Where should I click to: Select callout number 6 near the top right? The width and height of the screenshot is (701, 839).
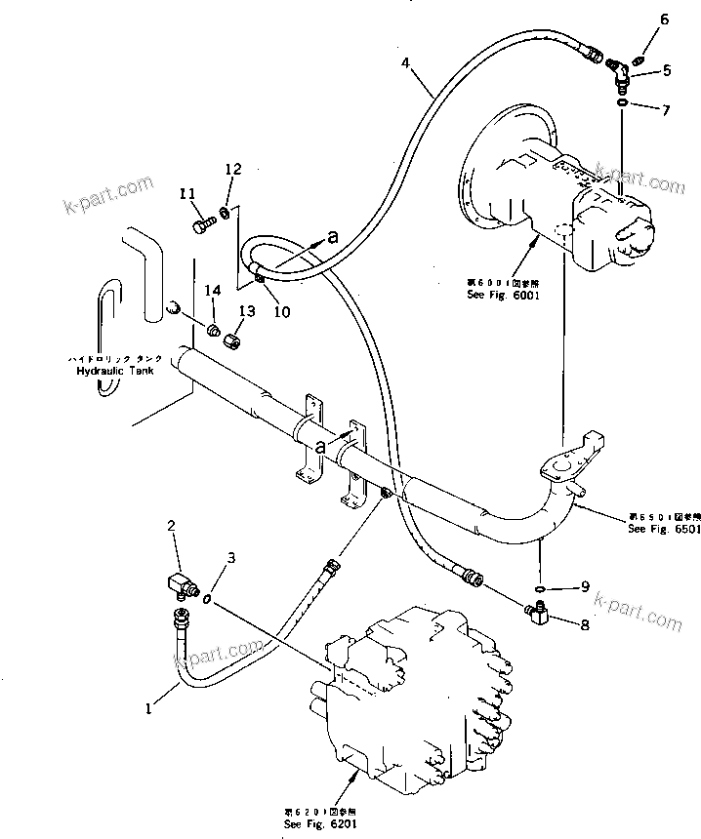[665, 20]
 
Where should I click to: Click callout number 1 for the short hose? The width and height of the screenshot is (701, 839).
[148, 710]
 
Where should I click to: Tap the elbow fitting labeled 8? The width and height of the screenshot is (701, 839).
[539, 612]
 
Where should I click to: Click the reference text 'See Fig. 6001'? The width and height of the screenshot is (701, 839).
[504, 294]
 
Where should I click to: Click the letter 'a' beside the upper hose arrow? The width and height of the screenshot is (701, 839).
[333, 235]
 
